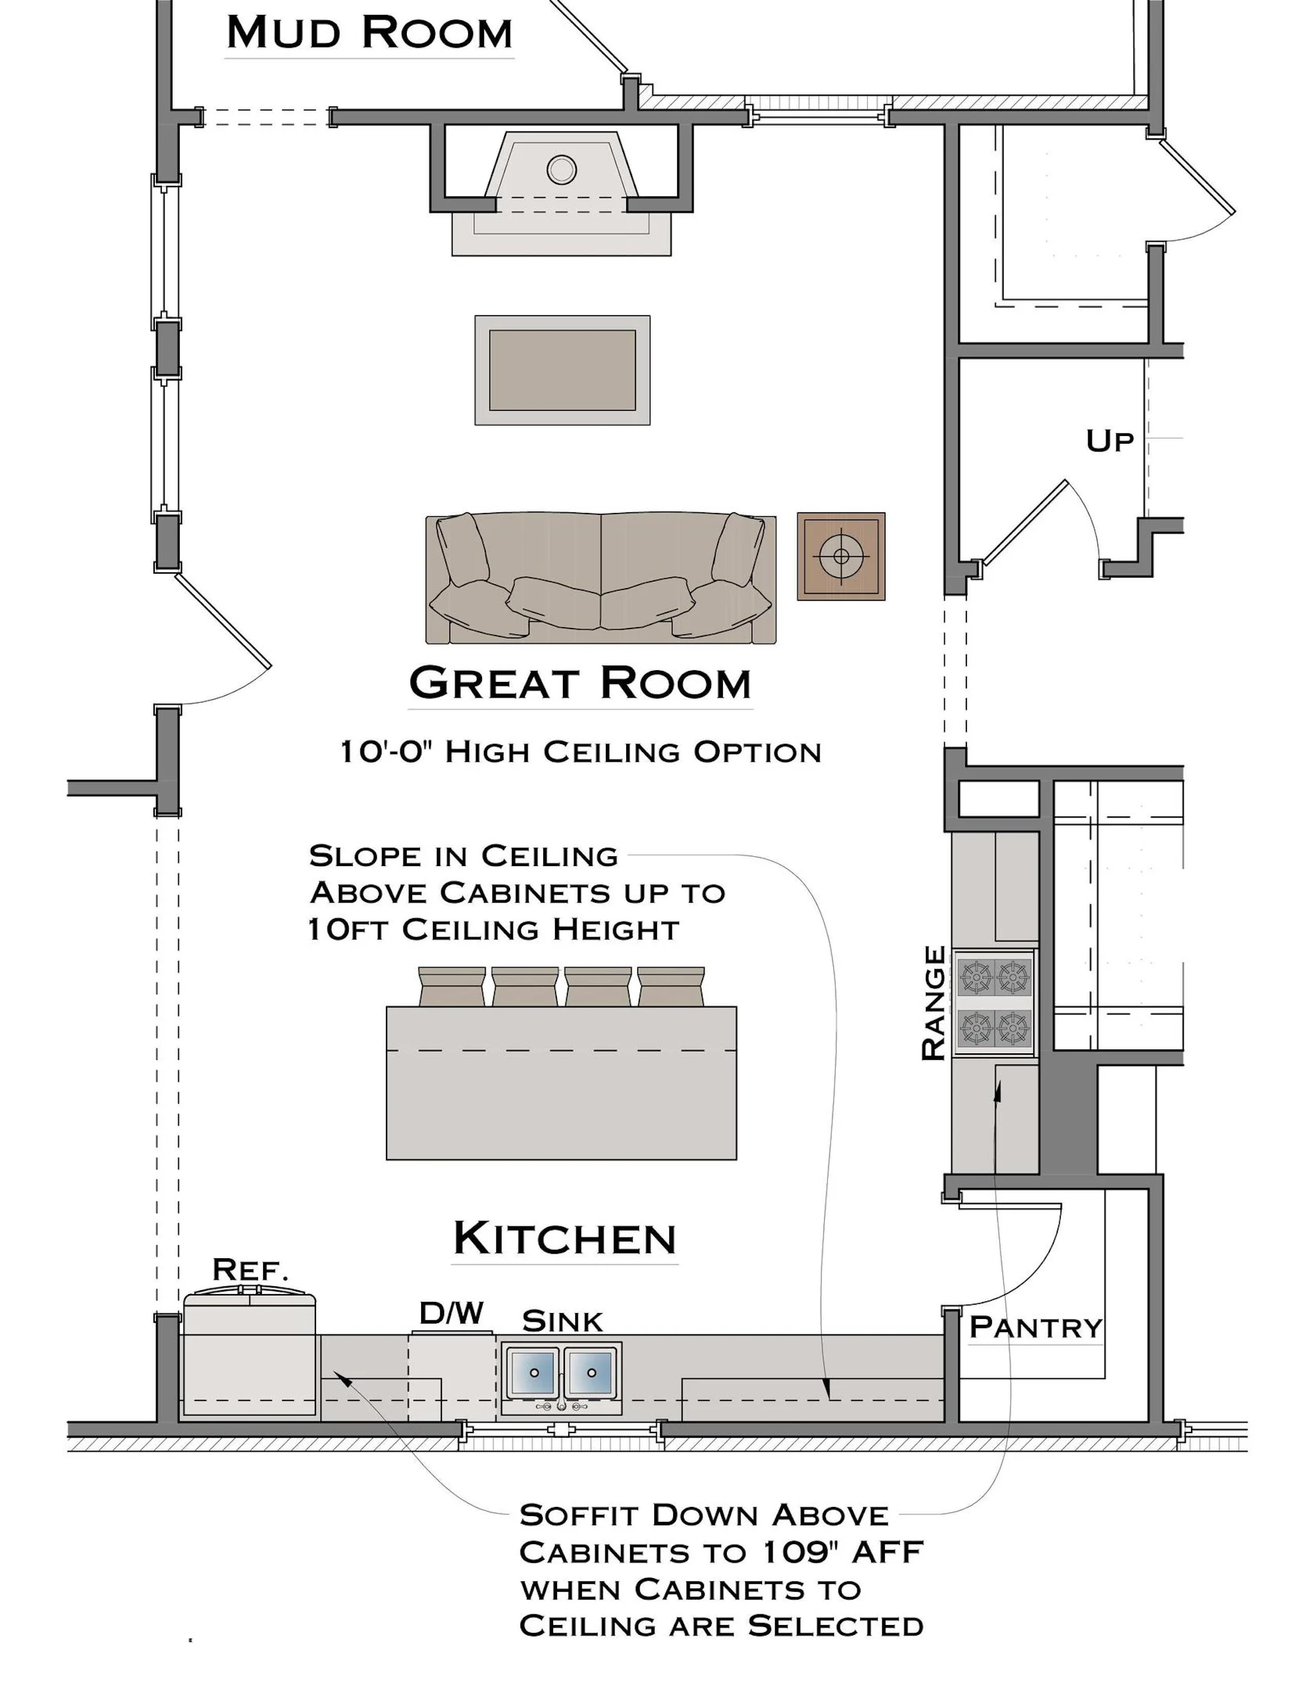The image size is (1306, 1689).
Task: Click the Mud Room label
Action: [369, 33]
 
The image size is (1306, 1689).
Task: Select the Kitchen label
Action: [565, 1238]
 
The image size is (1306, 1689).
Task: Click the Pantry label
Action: [1035, 1327]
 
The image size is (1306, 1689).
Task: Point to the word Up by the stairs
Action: [1109, 441]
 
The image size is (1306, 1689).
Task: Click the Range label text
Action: [934, 1003]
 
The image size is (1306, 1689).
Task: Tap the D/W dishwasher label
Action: [452, 1313]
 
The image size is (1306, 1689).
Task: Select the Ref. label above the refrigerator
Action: [250, 1269]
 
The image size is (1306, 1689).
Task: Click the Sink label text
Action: [562, 1322]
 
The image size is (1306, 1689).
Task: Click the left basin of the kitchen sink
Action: [533, 1372]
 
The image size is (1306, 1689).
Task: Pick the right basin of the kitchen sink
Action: [590, 1372]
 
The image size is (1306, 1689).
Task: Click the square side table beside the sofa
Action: [841, 556]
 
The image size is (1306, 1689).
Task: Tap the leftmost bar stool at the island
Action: [452, 986]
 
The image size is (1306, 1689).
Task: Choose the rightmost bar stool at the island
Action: [671, 986]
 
